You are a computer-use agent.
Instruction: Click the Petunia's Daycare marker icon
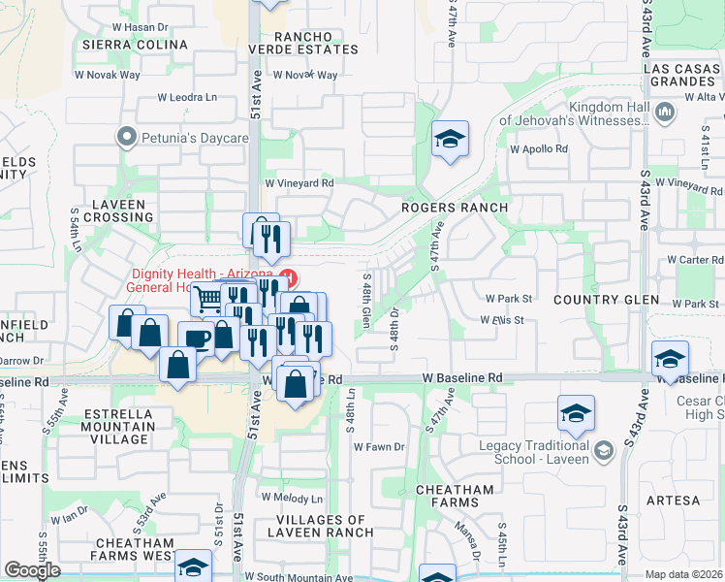coord(125,138)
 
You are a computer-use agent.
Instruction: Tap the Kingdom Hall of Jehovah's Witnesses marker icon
coord(665,113)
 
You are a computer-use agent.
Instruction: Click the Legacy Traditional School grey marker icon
coord(604,450)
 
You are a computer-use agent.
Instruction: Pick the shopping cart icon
coord(206,299)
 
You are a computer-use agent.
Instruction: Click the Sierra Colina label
coord(135,45)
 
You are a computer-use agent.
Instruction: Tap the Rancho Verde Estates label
coord(303,43)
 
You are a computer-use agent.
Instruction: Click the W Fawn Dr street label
coord(377,447)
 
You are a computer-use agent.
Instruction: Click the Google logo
coord(32,569)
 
